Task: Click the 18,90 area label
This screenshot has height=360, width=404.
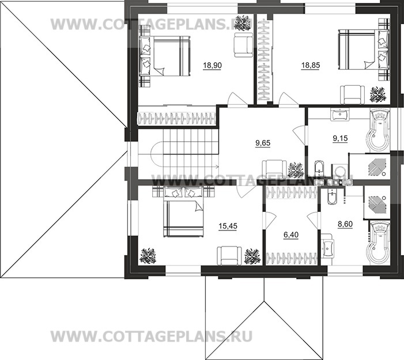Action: click(212, 66)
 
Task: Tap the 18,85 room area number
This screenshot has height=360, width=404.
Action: click(309, 66)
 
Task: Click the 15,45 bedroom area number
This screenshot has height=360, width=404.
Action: click(228, 226)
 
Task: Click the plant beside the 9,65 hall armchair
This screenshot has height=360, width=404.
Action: click(296, 170)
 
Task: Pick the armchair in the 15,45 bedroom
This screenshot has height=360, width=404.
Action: click(228, 254)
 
